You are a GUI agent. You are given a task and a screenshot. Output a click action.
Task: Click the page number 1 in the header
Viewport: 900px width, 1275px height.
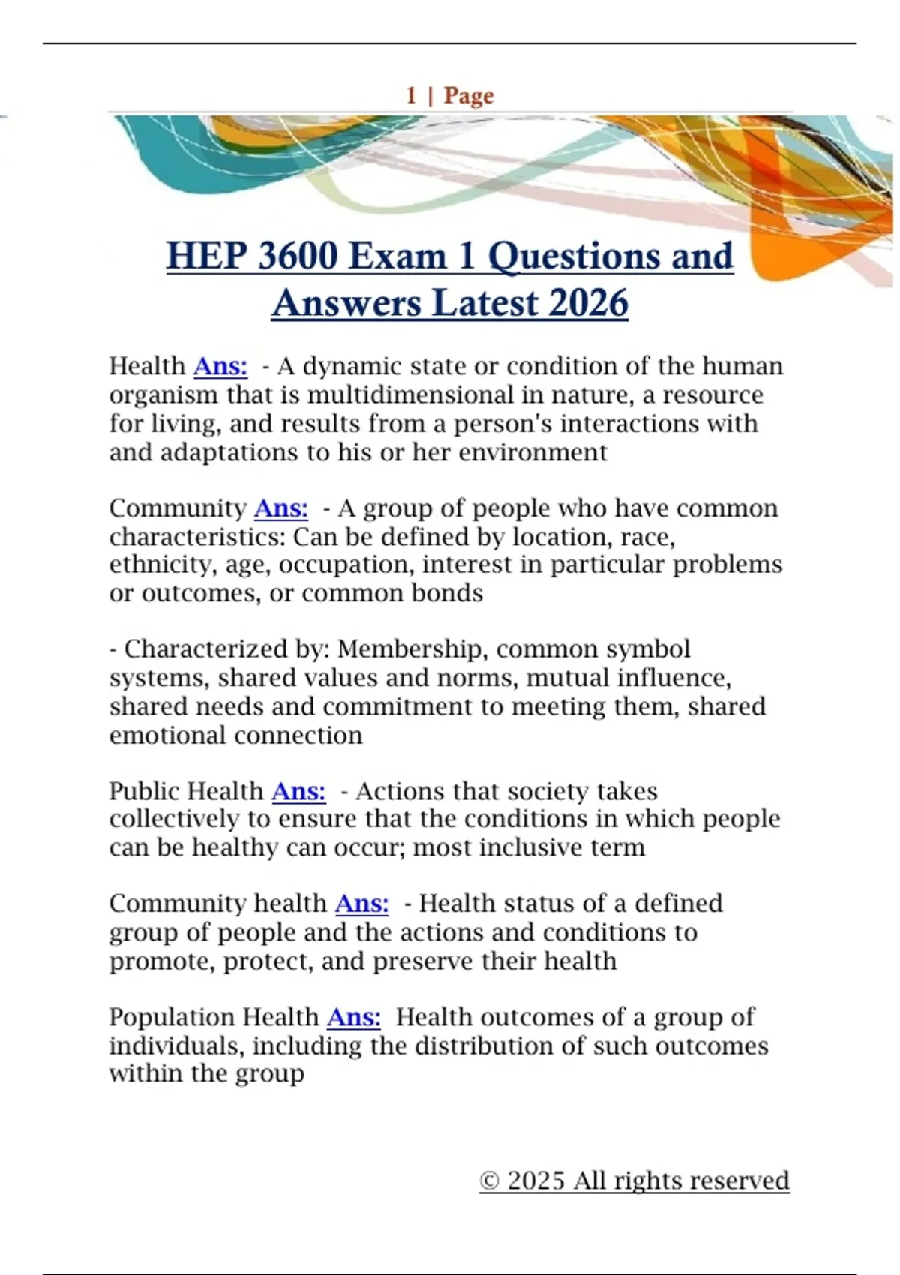coord(411,95)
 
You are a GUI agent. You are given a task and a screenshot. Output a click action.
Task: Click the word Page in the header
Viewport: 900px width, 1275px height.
coord(469,95)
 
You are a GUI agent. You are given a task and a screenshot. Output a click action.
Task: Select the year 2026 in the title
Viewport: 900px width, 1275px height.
coord(588,303)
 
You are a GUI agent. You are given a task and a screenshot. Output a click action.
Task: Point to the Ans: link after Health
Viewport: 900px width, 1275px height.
coord(220,366)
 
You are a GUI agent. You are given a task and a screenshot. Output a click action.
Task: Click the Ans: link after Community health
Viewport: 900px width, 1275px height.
coord(361,903)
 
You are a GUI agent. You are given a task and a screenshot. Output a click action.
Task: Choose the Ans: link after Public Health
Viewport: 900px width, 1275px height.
coord(298,791)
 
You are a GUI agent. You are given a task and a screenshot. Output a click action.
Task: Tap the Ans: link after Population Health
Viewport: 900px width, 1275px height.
coord(353,1017)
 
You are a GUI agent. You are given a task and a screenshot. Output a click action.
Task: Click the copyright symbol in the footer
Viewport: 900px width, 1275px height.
coord(489,1180)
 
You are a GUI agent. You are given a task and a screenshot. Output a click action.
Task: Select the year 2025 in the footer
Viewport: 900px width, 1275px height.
coord(535,1180)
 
